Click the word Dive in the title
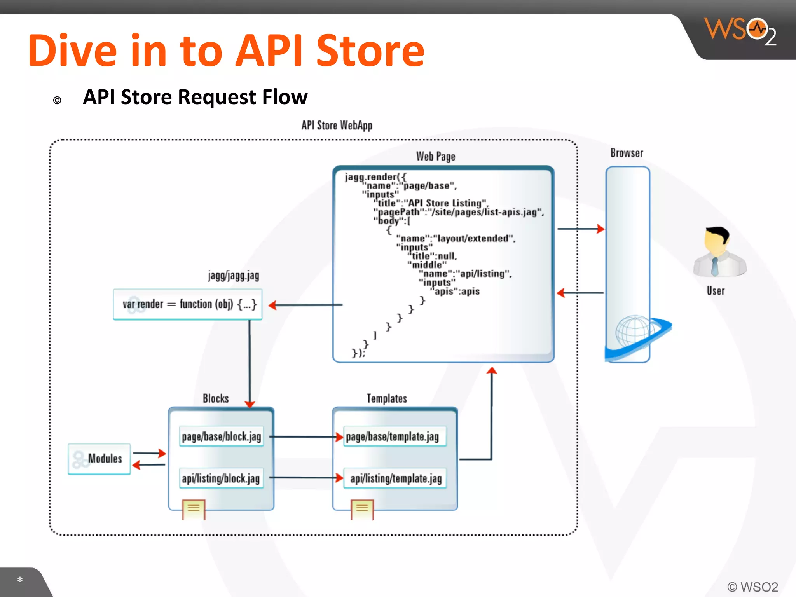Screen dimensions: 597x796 point(72,51)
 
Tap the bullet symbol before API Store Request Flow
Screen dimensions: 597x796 point(57,100)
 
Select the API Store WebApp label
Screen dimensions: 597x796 point(337,125)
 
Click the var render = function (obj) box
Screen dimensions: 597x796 point(188,304)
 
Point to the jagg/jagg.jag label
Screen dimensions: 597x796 point(233,276)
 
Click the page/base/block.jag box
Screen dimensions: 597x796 point(221,436)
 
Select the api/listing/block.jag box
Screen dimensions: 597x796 point(221,478)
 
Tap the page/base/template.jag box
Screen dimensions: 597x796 point(393,436)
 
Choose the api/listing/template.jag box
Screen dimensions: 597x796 point(396,478)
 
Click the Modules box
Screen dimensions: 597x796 point(99,459)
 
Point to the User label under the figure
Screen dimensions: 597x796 point(716,291)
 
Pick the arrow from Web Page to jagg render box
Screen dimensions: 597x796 point(305,305)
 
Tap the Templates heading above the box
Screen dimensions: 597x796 point(387,398)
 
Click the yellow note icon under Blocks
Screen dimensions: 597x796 point(194,508)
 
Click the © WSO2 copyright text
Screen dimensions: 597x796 point(752,587)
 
